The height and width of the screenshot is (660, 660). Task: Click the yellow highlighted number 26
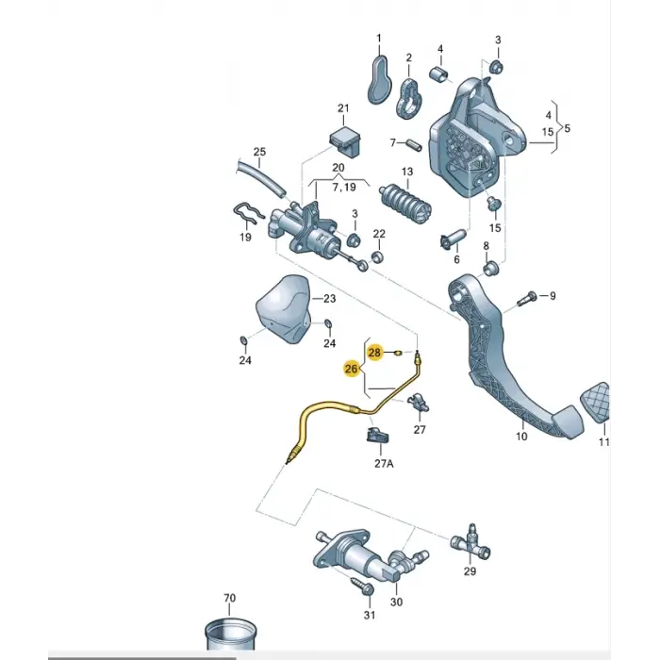coord(351,370)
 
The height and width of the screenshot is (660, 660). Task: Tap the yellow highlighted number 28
coord(374,353)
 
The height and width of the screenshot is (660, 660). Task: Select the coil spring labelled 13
coord(405,205)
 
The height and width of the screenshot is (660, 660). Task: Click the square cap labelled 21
coord(344,140)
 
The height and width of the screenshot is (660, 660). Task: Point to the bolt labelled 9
coord(526,298)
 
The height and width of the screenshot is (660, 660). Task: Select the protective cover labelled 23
coord(283,309)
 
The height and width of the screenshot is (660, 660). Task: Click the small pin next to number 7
coord(414,145)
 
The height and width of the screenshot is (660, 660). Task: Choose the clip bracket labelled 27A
coord(378,436)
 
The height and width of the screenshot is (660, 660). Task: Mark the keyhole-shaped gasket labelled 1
coord(379,80)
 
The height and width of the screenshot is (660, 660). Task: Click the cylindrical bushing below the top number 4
coord(438,74)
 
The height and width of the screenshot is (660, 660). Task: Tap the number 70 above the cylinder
coord(229,598)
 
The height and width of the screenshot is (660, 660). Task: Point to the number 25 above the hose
coord(259,152)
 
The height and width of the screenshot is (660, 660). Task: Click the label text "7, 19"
coord(344,188)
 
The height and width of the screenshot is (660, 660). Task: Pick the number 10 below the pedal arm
coord(521,436)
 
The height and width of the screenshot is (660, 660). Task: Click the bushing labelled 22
coord(377,256)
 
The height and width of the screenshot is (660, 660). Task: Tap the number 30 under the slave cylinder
coord(397,602)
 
